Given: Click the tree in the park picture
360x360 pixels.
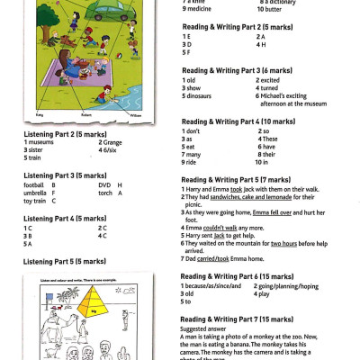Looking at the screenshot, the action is tap(47, 18).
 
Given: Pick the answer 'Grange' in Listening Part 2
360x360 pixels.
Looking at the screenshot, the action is tap(112, 142).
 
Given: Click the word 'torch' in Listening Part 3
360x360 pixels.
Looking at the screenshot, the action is tap(106, 193).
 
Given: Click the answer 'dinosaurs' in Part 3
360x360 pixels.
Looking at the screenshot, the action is tap(202, 95).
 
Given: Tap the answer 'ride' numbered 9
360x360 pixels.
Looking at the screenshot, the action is tap(193, 162).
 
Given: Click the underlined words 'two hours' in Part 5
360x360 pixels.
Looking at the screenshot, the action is tap(284, 242).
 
